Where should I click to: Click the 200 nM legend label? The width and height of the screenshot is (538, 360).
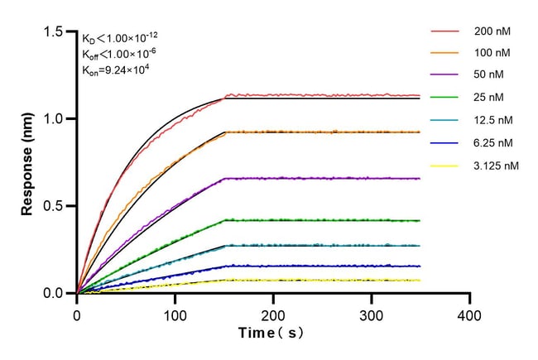492,31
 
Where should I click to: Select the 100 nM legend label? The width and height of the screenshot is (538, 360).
492,53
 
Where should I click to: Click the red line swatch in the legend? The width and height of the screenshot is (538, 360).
444,31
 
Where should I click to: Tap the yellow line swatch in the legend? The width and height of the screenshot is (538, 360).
444,166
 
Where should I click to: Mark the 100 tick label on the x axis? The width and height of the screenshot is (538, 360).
175,316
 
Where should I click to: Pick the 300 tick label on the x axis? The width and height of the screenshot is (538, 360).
372,316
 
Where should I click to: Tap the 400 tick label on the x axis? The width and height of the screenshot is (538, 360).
470,316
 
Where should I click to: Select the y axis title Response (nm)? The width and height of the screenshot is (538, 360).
27,162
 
